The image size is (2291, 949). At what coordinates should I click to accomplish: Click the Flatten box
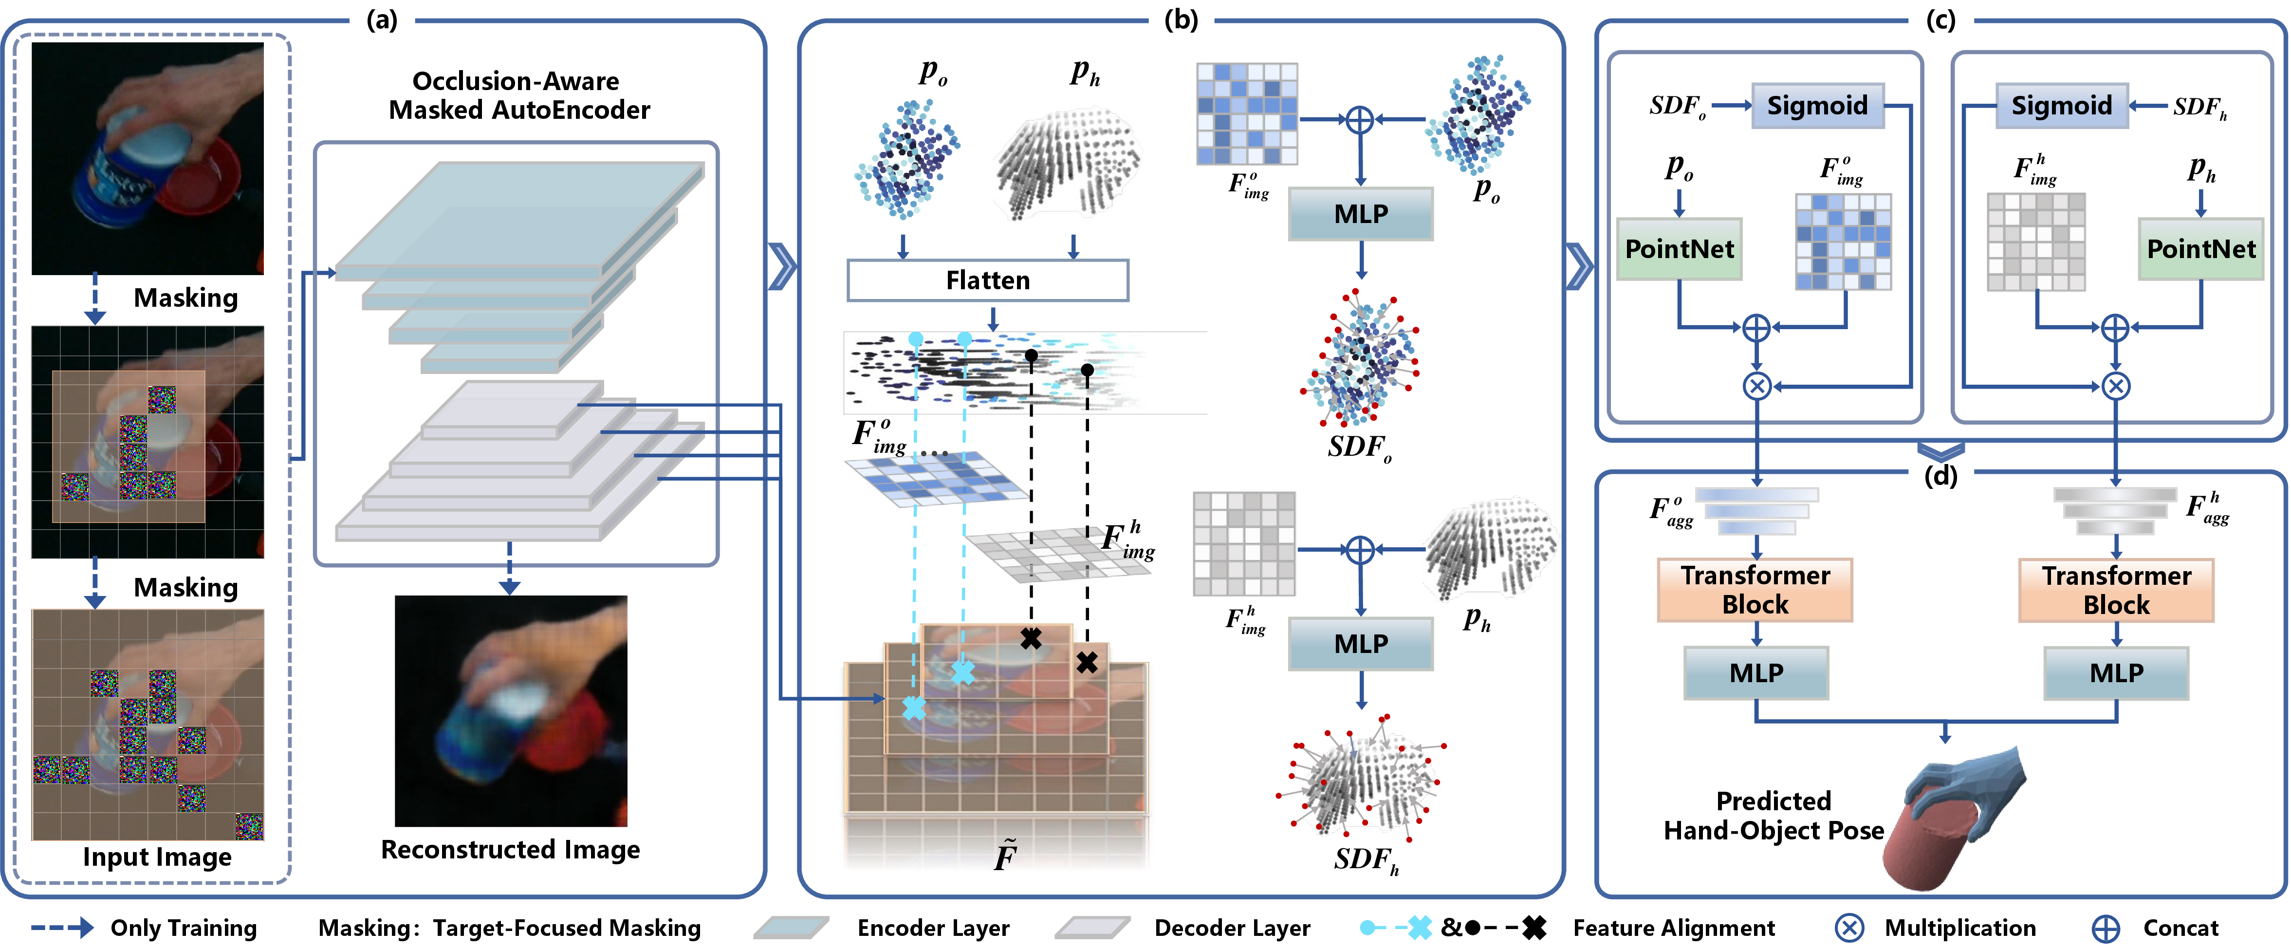[x=987, y=280]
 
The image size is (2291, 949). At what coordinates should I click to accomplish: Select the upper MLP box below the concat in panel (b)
[x=1361, y=213]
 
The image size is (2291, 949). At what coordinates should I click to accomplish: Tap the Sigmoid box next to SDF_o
[x=1817, y=106]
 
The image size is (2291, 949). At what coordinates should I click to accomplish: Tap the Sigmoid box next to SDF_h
[x=2062, y=106]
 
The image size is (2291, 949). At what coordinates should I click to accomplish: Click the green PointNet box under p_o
[x=1679, y=249]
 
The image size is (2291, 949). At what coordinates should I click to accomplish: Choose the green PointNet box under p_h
[x=2201, y=249]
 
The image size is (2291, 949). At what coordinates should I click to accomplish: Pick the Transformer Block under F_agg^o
[x=1755, y=590]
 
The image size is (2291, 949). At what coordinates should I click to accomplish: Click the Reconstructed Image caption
[x=511, y=849]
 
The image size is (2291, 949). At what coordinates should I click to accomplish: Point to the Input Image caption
[x=157, y=856]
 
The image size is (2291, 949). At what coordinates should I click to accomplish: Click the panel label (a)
[x=383, y=19]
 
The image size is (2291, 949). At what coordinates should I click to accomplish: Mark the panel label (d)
[x=1940, y=476]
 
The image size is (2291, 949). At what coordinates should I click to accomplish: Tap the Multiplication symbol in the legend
[x=1849, y=928]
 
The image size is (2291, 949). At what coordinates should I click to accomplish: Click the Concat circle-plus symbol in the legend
[x=2105, y=928]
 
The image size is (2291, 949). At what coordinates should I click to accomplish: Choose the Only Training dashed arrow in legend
[x=62, y=928]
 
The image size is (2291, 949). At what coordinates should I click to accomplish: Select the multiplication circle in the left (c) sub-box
[x=1756, y=386]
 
